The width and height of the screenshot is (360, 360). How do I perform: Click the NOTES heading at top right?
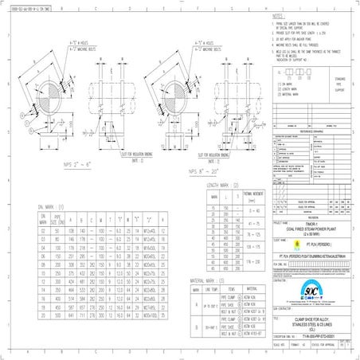coord(276,15)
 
